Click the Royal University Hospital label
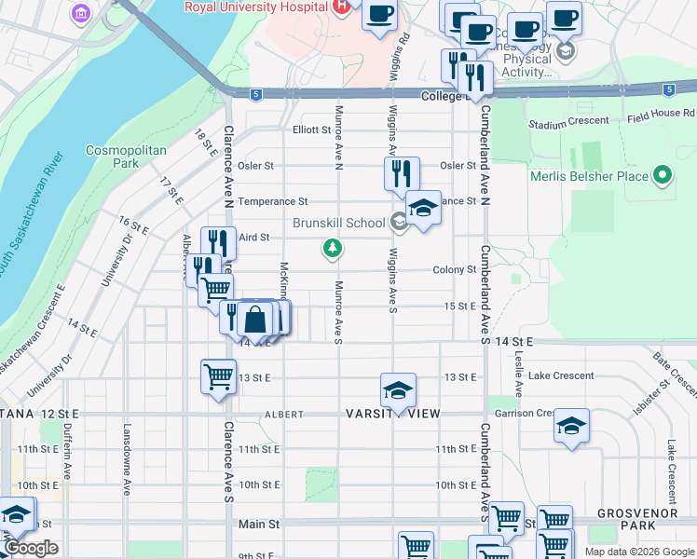(x=255, y=7)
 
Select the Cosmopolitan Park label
(x=126, y=157)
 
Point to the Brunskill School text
(x=339, y=223)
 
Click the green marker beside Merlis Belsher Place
(x=663, y=175)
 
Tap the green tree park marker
(x=331, y=248)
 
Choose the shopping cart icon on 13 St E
(x=218, y=377)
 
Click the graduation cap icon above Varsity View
(x=398, y=389)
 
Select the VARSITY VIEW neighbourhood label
(x=391, y=414)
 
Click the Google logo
(x=31, y=549)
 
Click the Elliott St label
(x=311, y=130)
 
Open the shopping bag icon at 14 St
(x=254, y=320)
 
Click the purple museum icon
(x=81, y=13)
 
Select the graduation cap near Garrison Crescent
(x=572, y=426)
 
